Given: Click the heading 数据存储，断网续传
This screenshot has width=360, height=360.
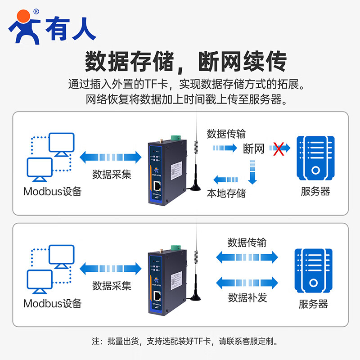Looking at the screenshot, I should (185, 62).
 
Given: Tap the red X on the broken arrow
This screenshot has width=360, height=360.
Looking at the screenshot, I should (279, 148).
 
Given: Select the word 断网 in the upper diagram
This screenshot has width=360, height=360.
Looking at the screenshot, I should (253, 148).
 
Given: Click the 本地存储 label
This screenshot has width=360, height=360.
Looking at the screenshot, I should (226, 193).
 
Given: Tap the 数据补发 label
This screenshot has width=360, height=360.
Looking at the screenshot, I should (247, 297).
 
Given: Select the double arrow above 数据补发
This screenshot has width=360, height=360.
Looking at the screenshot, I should (247, 283).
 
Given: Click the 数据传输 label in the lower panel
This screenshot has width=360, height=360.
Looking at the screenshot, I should (247, 243).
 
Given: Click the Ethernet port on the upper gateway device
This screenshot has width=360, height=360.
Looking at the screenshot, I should (159, 185).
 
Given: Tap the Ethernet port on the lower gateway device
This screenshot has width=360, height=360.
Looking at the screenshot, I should (159, 297).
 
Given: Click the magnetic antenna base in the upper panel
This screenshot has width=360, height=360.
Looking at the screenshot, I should (196, 183).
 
